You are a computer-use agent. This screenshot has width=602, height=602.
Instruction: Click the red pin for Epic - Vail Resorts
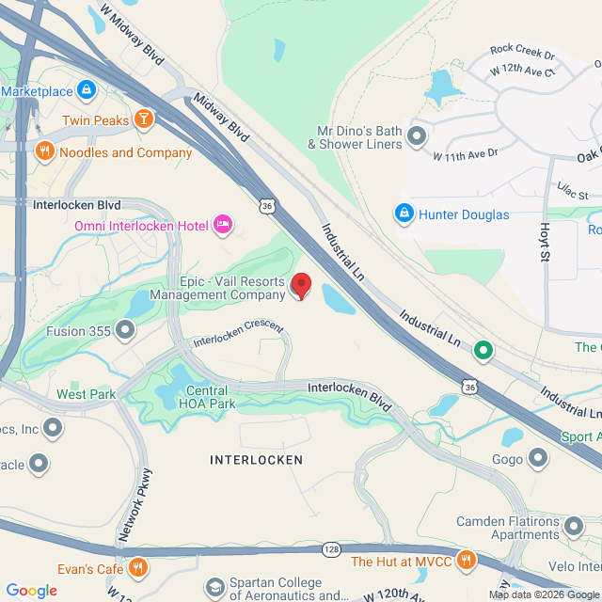(x=301, y=285)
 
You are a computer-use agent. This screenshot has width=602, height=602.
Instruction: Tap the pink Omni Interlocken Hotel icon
(x=223, y=224)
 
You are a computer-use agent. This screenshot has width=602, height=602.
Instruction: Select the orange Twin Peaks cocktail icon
(x=143, y=119)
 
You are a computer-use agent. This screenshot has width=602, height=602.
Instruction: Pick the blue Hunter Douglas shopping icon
(x=404, y=214)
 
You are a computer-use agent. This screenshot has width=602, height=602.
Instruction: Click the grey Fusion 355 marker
(x=124, y=330)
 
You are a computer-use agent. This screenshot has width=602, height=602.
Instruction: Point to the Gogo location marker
(x=538, y=459)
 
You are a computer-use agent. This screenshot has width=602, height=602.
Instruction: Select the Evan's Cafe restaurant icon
(x=138, y=567)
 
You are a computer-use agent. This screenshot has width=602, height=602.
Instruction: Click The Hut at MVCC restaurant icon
(x=466, y=562)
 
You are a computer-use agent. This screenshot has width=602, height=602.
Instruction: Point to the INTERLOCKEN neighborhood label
(x=256, y=460)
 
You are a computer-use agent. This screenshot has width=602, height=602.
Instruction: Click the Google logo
(x=31, y=591)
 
